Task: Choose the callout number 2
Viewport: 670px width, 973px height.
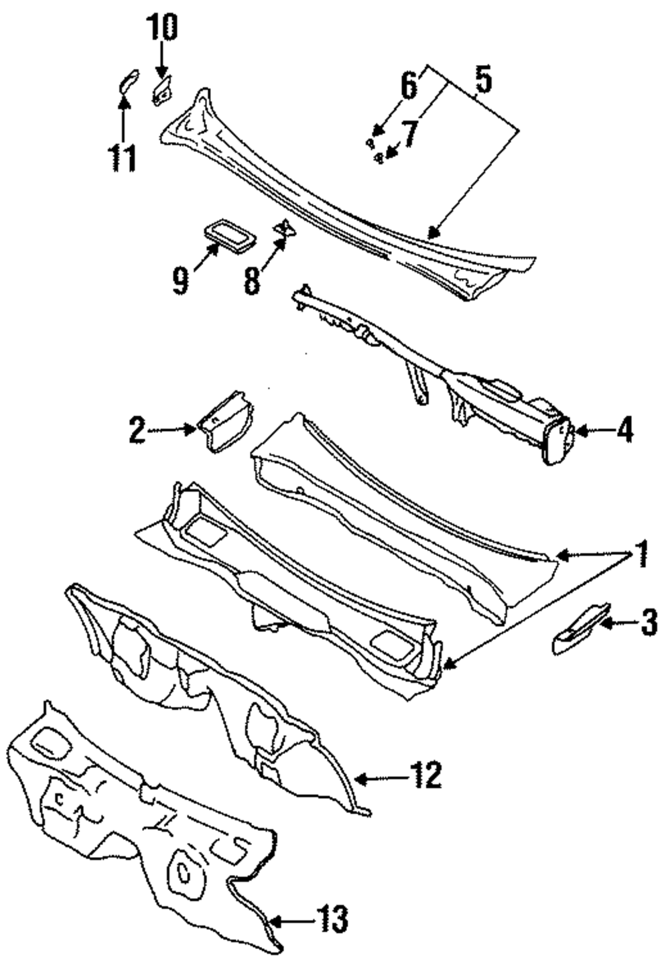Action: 137,430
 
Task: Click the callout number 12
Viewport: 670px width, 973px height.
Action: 427,776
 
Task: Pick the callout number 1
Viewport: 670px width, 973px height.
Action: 641,555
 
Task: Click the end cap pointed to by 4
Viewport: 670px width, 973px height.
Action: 556,440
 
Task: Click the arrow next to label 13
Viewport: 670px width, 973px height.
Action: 288,919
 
